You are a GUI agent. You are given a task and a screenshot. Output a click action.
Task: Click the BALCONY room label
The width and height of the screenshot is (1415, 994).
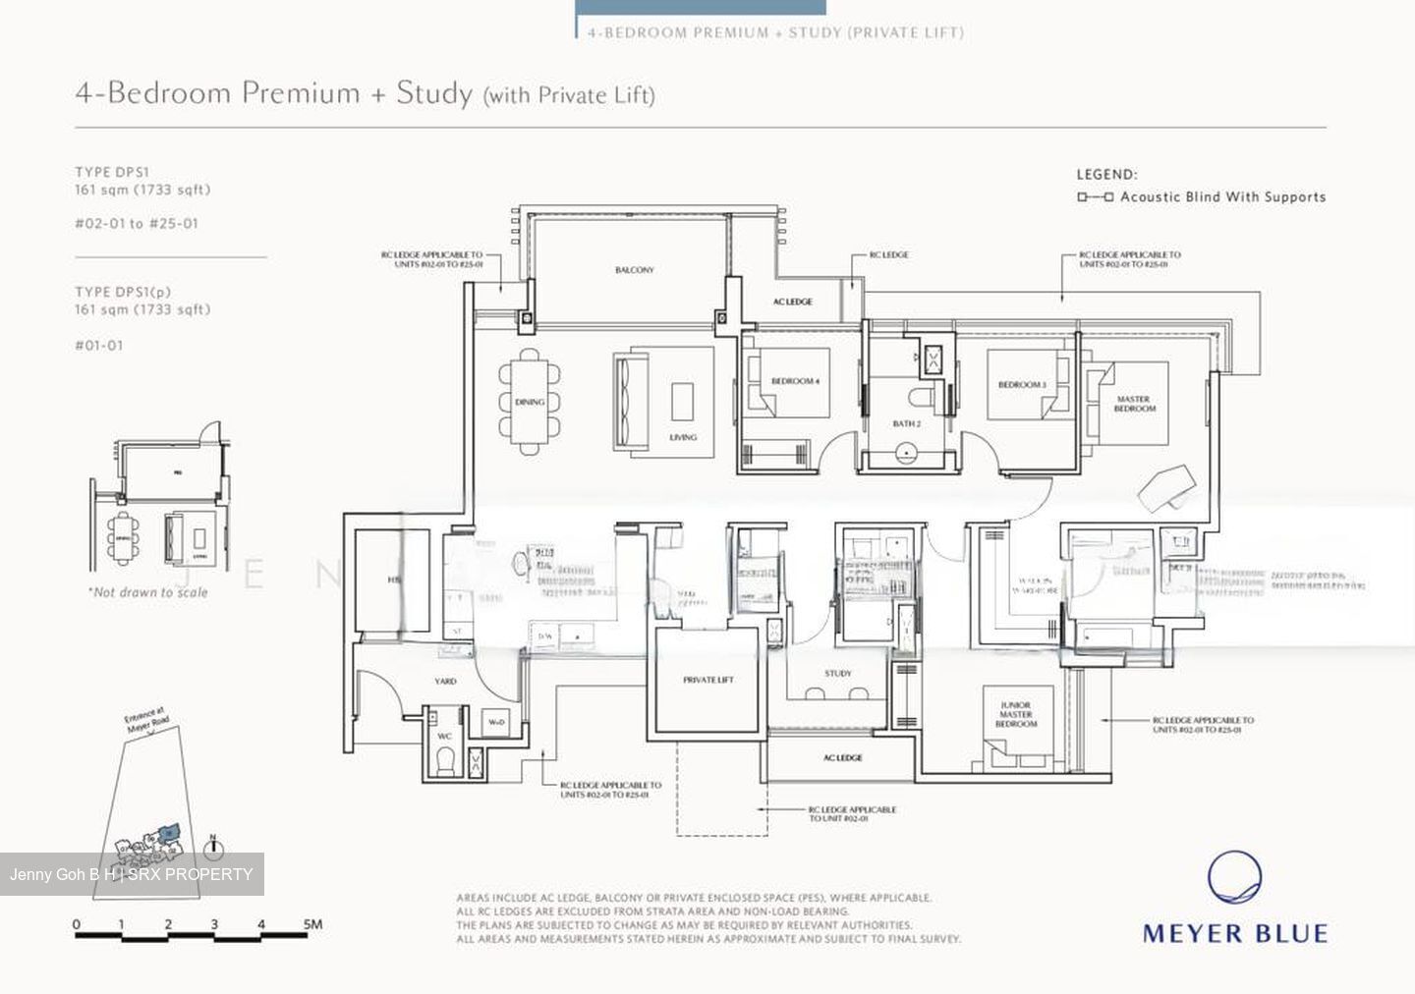[x=634, y=270]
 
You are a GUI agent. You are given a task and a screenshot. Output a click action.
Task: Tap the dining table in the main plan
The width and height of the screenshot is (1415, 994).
[x=530, y=402]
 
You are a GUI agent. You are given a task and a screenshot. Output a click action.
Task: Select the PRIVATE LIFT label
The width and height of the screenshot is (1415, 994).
[x=708, y=680]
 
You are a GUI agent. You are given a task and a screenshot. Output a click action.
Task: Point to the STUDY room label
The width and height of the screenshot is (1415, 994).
[x=838, y=674]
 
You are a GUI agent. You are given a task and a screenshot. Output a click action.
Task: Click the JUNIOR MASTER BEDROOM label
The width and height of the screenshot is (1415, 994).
[x=1015, y=715]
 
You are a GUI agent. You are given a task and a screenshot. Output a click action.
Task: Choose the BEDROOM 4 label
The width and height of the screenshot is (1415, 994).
[x=794, y=381]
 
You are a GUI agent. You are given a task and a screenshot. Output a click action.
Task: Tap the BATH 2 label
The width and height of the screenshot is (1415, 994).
[x=906, y=424]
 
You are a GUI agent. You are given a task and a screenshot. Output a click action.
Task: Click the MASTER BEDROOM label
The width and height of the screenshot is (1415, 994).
[x=1134, y=404]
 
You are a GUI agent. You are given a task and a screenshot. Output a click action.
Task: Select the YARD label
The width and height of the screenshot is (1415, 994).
[x=445, y=681]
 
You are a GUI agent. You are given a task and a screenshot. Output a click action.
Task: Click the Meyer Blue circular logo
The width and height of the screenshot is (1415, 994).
[x=1234, y=877]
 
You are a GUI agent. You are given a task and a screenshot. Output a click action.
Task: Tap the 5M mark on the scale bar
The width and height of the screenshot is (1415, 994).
[x=311, y=924]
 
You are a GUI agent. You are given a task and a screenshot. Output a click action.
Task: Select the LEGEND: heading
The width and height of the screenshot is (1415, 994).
[x=1106, y=175]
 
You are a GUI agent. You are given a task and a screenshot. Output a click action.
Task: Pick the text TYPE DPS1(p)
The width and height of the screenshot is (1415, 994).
[x=123, y=292]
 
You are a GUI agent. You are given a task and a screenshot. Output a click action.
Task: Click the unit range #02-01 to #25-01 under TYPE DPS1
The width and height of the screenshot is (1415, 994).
[x=137, y=224]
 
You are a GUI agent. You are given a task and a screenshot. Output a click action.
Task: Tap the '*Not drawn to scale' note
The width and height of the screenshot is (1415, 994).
[x=147, y=592]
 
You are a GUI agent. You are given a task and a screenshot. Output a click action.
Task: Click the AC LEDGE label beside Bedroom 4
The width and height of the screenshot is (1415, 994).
[x=793, y=302]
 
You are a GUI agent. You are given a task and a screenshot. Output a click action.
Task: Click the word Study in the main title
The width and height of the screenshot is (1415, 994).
[x=433, y=93]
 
